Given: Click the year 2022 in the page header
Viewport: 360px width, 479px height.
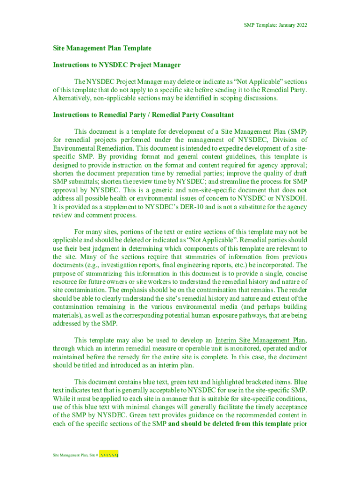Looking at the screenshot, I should (300, 25).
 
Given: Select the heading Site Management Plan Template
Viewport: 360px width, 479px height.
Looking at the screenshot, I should (102, 48).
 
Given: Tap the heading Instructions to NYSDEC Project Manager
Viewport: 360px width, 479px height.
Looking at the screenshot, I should (116, 65).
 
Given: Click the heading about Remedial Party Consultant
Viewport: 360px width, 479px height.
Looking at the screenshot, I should (143, 115).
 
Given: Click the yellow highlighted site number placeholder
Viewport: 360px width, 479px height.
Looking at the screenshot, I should (110, 455).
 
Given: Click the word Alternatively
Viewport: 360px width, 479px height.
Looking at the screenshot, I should (72, 98).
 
